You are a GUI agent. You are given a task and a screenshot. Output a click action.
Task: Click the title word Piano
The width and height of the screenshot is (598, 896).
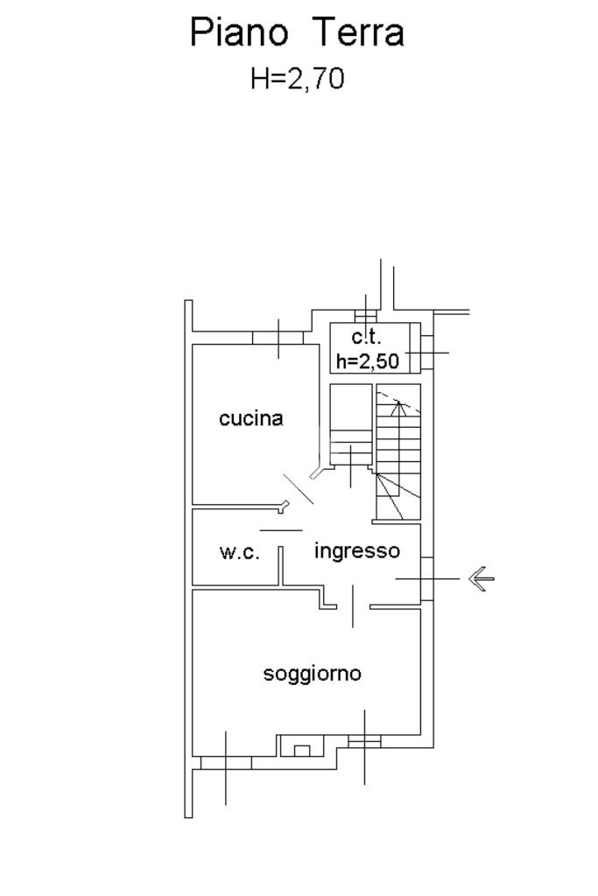click(238, 33)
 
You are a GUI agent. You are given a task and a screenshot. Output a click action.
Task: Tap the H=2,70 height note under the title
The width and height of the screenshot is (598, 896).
click(298, 79)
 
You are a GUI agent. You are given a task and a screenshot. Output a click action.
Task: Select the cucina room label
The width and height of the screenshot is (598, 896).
click(251, 418)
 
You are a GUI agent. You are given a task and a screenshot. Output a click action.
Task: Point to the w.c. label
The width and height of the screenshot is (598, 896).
click(239, 553)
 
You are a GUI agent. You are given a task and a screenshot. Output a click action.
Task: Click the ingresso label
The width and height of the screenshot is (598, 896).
click(356, 551)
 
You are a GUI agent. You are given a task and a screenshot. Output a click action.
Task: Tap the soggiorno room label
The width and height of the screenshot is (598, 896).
click(313, 674)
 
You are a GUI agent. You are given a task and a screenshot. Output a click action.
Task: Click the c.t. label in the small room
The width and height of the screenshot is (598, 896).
click(367, 338)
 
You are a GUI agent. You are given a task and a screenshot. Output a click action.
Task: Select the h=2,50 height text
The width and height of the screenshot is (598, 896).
click(368, 360)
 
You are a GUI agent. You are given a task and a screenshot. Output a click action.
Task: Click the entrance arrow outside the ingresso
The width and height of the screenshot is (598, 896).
click(482, 578)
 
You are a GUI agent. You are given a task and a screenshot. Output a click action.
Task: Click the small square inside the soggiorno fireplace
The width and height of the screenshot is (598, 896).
click(302, 750)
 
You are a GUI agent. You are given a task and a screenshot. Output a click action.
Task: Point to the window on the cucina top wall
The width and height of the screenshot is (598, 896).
click(278, 338)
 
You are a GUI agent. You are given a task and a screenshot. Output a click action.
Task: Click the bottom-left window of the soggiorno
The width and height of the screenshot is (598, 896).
click(226, 762)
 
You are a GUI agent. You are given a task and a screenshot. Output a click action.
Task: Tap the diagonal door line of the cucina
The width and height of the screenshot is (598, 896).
click(299, 488)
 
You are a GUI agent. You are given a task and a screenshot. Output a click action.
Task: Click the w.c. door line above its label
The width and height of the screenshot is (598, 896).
click(281, 530)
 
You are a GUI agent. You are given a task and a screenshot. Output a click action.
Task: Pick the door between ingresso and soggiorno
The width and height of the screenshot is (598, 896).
click(353, 606)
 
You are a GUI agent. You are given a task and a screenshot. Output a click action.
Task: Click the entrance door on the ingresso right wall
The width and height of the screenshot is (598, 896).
click(426, 578)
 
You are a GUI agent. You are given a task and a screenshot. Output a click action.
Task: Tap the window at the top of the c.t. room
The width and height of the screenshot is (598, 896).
click(365, 316)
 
